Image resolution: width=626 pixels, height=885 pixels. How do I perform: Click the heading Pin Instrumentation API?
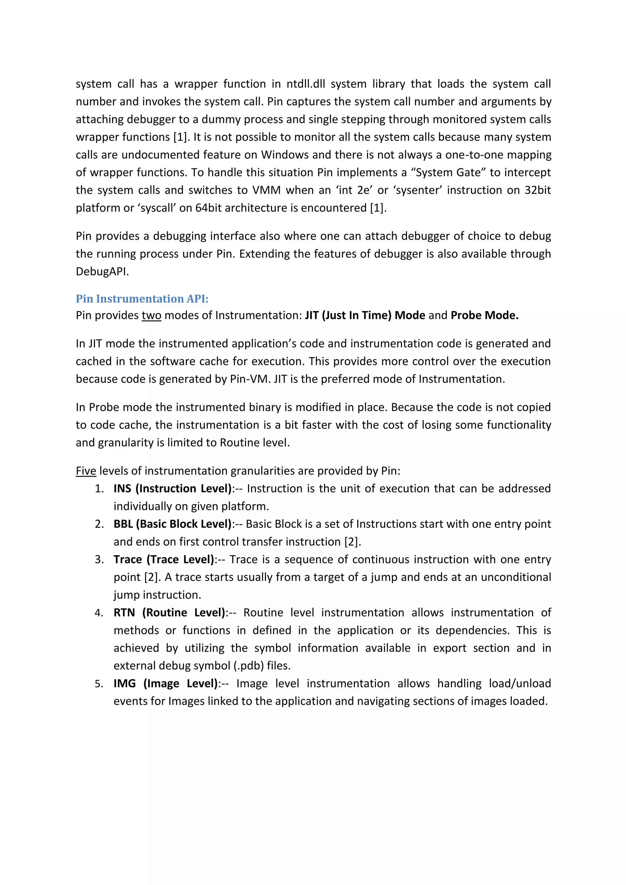tap(142, 299)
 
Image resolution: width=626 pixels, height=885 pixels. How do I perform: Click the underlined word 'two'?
tap(152, 315)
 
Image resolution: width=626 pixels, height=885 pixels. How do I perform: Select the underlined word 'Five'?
tap(86, 471)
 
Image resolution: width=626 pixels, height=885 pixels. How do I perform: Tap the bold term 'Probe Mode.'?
tap(484, 315)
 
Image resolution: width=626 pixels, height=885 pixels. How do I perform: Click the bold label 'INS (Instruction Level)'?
tap(173, 488)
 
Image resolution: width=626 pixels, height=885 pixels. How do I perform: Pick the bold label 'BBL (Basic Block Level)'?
tap(172, 524)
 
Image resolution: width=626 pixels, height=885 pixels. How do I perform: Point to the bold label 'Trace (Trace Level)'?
tap(164, 559)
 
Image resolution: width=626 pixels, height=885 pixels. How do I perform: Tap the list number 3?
tap(99, 559)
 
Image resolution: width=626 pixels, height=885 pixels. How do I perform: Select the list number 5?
tap(99, 684)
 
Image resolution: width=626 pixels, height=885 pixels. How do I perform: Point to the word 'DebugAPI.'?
tap(102, 271)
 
